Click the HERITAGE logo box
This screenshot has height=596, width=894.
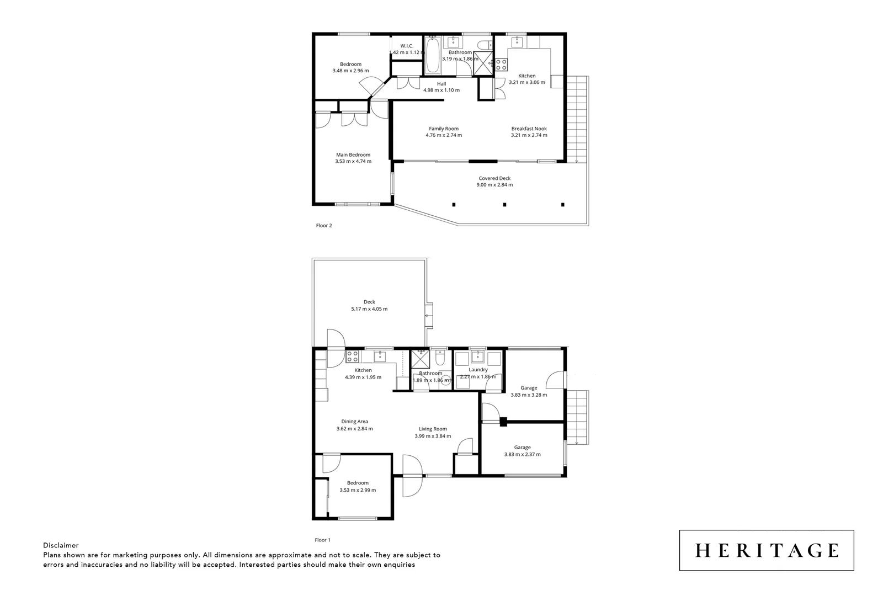[x=766, y=550]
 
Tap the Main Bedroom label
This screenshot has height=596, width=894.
[x=353, y=155]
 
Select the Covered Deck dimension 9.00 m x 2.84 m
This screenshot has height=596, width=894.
[x=494, y=185]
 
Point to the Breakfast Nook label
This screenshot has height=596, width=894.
[x=529, y=129]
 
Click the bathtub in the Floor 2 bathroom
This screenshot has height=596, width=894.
[x=432, y=55]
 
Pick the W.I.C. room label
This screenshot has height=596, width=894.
[x=407, y=46]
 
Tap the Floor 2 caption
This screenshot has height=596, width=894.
[x=323, y=225]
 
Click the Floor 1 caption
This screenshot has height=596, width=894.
[x=322, y=540]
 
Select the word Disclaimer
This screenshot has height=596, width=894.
[x=61, y=545]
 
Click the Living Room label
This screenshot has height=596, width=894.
[x=433, y=429]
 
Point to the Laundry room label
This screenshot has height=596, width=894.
[x=478, y=370]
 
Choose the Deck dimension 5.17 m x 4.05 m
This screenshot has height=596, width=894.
[x=369, y=309]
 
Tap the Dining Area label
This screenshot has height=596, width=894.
[x=354, y=422]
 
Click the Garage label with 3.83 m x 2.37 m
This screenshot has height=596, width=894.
[x=522, y=448]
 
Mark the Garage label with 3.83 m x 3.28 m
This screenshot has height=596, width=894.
[x=529, y=388]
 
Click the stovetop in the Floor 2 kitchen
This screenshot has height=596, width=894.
[x=501, y=65]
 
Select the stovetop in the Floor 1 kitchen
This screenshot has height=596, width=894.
[x=352, y=356]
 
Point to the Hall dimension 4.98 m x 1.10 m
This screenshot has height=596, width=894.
[x=441, y=91]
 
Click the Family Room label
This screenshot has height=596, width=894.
[x=444, y=129]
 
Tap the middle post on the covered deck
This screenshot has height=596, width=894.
[x=504, y=205]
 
